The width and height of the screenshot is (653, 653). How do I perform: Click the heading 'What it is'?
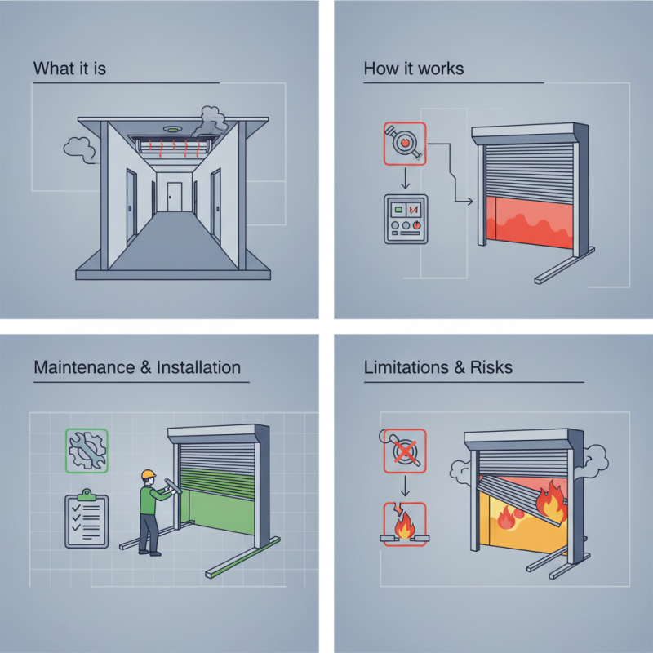point(69,68)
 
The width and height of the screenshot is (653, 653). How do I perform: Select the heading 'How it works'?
point(413,68)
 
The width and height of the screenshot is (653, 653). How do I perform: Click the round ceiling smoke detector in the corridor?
point(171,130)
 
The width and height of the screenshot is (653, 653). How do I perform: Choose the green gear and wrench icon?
point(87,451)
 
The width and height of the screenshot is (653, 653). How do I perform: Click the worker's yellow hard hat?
point(148,474)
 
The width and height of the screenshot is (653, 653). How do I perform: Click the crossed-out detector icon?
point(403,451)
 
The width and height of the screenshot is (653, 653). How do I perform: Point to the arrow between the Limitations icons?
point(403,487)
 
